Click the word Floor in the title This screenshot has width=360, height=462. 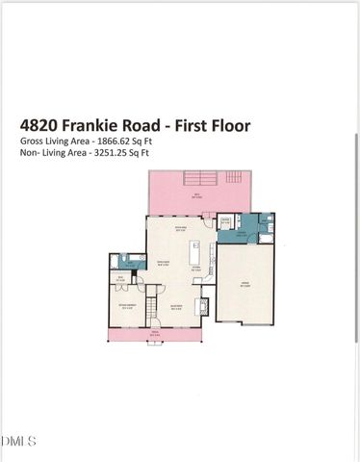[228, 124]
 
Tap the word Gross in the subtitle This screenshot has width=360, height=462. [31, 141]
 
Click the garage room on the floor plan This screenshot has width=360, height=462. [244, 284]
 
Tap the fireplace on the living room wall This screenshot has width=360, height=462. [201, 305]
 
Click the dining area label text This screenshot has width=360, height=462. [180, 228]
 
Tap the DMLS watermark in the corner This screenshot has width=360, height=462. [18, 442]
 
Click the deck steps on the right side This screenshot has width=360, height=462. [233, 179]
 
